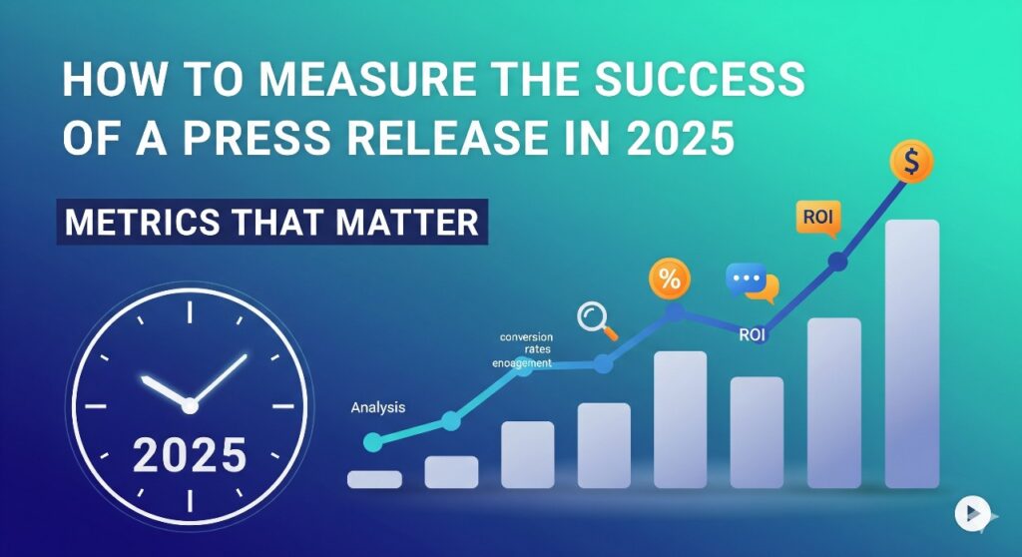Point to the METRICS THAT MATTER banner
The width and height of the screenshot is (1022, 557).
pyautogui.click(x=271, y=221)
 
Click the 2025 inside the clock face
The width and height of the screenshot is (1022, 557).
pyautogui.click(x=190, y=455)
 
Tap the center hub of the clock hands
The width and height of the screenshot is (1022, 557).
pyautogui.click(x=190, y=403)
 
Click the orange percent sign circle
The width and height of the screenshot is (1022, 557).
pyautogui.click(x=670, y=279)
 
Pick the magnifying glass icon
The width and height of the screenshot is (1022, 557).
pyautogui.click(x=597, y=319)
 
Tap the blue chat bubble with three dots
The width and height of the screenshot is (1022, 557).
pyautogui.click(x=749, y=279)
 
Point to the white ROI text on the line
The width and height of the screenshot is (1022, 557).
pyautogui.click(x=752, y=335)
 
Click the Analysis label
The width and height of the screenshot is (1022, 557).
pyautogui.click(x=379, y=408)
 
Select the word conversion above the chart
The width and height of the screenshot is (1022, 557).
pyautogui.click(x=526, y=336)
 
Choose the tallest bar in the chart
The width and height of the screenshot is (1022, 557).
pyautogui.click(x=911, y=353)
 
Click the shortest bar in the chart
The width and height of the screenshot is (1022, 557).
pyautogui.click(x=374, y=479)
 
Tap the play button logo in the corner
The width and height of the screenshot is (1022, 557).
pyautogui.click(x=968, y=513)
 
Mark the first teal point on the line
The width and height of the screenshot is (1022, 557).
pyautogui.click(x=373, y=441)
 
